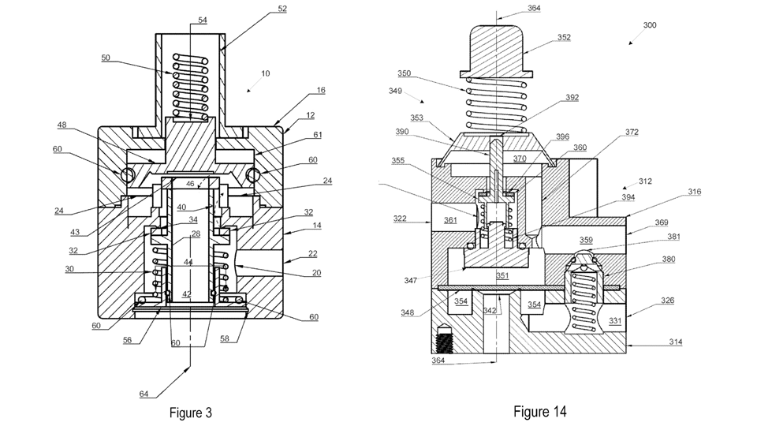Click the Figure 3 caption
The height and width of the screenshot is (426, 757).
tap(191, 413)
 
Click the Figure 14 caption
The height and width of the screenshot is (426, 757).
tap(539, 411)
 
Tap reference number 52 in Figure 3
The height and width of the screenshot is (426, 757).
tap(282, 9)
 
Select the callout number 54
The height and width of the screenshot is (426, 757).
tap(203, 20)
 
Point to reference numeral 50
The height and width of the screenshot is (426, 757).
tap(106, 58)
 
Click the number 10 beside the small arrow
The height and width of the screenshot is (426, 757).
tap(266, 73)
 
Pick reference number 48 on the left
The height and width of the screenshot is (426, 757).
tap(62, 125)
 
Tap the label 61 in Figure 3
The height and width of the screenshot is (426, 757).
tap(317, 135)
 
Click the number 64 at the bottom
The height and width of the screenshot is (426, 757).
tap(144, 394)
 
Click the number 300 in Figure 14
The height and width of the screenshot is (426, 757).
tap(649, 25)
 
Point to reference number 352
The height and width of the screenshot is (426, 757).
tap(564, 37)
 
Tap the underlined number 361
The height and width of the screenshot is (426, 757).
tap(450, 220)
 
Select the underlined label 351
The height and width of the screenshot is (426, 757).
tap(502, 275)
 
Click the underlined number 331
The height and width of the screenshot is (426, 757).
tap(615, 320)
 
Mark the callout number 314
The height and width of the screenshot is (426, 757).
tap(677, 342)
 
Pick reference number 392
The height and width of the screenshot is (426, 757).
tap(572, 99)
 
